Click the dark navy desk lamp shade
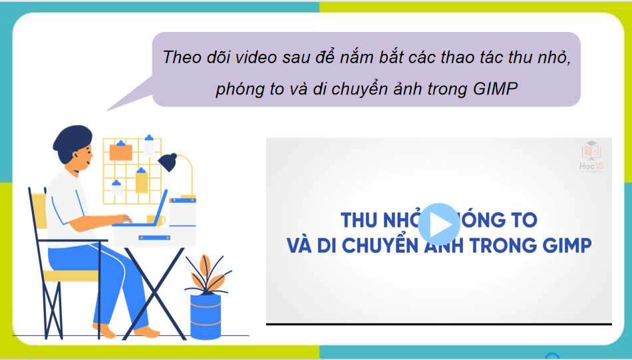coord(168,162)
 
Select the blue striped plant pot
coord(205,317)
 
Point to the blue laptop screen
coord(160,208)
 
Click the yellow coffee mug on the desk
coord(152,219)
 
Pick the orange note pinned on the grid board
coord(120,151)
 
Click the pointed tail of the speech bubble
coord(120,104)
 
